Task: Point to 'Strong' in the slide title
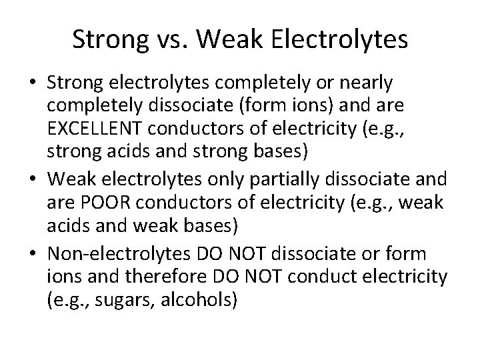coord(109,41)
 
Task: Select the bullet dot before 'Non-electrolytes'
coord(32,255)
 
